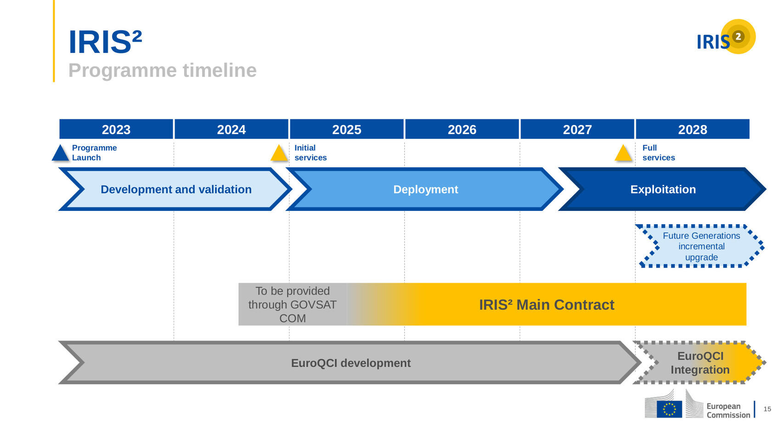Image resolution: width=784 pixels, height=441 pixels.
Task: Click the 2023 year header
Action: click(116, 129)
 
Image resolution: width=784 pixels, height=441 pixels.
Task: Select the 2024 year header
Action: click(231, 129)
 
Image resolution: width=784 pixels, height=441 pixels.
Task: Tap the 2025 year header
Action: click(346, 129)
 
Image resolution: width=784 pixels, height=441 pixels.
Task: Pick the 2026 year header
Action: click(462, 129)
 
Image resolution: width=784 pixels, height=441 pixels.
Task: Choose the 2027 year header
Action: click(577, 129)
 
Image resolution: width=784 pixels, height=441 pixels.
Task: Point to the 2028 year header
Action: click(693, 129)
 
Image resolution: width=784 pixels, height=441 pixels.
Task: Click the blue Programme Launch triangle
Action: click(60, 153)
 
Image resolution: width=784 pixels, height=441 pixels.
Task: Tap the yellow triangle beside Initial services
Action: click(279, 153)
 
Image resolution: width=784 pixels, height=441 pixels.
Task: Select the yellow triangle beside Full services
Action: click(623, 153)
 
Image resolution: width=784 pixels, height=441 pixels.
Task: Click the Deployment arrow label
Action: click(426, 189)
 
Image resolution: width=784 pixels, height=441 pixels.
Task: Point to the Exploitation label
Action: click(663, 189)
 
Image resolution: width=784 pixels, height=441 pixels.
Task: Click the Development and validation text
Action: click(176, 189)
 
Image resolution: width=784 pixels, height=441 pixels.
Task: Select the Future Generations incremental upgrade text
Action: click(701, 246)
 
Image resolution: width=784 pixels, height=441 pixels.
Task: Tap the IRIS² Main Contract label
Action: click(547, 305)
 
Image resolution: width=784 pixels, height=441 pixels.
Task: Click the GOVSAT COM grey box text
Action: click(293, 305)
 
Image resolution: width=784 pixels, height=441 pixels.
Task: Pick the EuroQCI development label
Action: click(351, 363)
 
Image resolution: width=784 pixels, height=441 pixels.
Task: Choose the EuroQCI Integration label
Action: click(700, 362)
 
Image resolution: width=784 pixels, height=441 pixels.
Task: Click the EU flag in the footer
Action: click(669, 409)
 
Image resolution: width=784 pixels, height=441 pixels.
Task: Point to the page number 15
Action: click(767, 409)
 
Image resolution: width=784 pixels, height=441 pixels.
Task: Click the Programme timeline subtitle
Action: click(163, 70)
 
